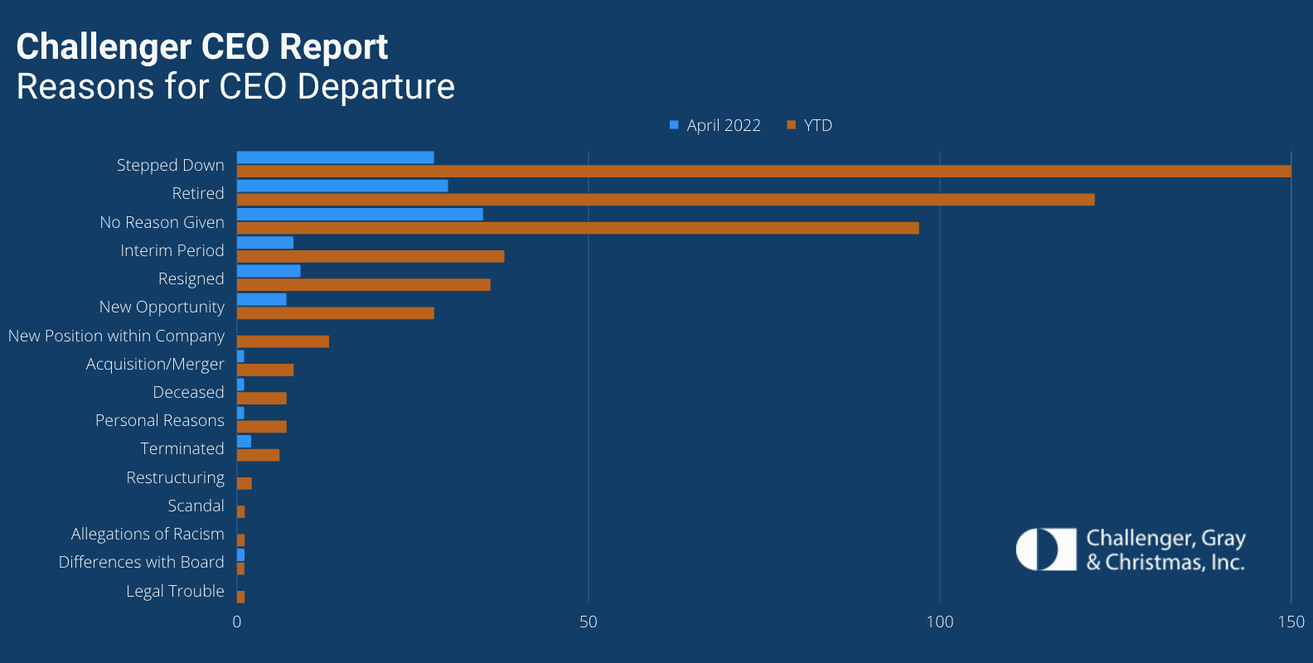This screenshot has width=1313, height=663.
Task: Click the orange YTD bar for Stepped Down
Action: point(763,172)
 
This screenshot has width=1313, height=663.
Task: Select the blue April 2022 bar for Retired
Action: point(342,186)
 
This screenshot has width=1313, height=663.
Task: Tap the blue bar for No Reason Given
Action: point(360,214)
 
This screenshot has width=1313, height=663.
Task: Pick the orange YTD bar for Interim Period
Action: point(371,256)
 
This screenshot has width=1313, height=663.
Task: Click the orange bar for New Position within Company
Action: point(283,341)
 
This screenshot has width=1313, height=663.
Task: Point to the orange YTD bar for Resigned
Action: point(363,285)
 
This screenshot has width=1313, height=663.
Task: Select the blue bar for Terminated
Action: point(244,441)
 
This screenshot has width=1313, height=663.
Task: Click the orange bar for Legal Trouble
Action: point(240,597)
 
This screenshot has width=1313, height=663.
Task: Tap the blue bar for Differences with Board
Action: point(240,554)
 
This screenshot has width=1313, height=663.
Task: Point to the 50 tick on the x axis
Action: point(588,622)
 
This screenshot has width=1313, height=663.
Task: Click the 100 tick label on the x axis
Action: point(939,622)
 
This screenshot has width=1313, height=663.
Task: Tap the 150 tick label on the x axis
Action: point(1290,622)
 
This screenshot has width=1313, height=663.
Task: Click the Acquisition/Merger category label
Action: point(155,364)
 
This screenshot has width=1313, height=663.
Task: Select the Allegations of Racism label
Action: point(148,534)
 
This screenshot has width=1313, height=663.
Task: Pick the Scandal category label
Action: point(196,506)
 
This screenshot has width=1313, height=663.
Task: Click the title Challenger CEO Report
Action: point(202,47)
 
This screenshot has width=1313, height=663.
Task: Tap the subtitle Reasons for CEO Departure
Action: point(235,87)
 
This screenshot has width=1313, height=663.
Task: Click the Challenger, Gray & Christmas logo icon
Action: point(1046,549)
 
